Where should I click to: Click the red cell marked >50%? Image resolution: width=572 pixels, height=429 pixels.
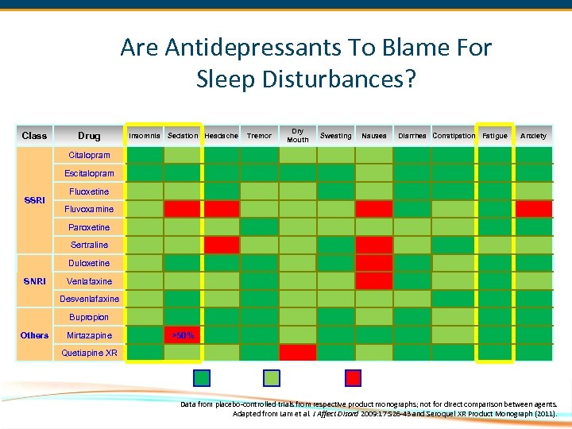183,335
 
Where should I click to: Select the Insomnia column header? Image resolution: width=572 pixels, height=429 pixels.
144,136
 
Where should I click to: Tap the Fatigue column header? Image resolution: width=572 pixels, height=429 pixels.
495,136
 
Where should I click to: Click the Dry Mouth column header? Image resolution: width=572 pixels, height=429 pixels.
298,136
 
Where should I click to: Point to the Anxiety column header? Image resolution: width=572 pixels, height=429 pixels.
533,136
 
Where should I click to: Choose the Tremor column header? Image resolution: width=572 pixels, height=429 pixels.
259,136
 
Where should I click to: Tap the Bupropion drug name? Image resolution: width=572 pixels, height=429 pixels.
89,317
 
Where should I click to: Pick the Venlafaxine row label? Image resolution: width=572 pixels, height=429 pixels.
89,281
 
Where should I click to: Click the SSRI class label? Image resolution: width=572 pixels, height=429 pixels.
34,200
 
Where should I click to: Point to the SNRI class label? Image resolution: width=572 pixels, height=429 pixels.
34,281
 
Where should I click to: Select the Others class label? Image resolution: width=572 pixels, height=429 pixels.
34,335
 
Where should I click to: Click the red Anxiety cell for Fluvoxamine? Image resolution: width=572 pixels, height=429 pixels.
533,209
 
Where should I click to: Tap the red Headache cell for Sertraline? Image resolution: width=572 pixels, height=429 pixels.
221,245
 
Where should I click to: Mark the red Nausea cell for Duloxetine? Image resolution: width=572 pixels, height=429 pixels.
374,263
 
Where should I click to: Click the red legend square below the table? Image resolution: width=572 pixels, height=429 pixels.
353,377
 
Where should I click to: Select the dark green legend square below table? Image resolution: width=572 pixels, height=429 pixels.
203,377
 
